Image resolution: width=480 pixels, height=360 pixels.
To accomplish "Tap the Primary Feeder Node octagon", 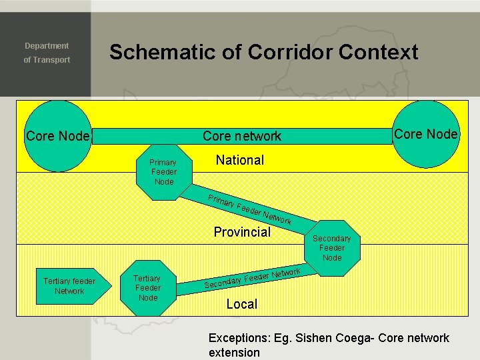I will point(163,172).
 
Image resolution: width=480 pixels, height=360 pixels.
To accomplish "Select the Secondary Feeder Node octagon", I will point(331,247).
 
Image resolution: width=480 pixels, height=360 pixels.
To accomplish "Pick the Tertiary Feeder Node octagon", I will point(147,287).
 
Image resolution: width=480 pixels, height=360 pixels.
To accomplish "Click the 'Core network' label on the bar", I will point(242,136).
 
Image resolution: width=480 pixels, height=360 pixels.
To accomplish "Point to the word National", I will point(239,160).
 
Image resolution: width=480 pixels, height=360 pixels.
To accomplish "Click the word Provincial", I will point(242,232).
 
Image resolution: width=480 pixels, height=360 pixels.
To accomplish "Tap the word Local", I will point(241,304).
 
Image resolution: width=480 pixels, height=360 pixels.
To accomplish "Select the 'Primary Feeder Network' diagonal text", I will point(249,209).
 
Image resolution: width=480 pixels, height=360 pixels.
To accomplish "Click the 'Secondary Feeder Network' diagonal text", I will point(253,278).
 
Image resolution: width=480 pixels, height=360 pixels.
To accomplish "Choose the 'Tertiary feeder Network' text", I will point(69,286).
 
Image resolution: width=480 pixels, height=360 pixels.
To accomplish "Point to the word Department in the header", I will point(47,46).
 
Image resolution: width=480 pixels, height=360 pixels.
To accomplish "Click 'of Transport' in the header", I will point(47,60).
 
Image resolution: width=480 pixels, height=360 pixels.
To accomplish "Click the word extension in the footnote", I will point(234,352).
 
